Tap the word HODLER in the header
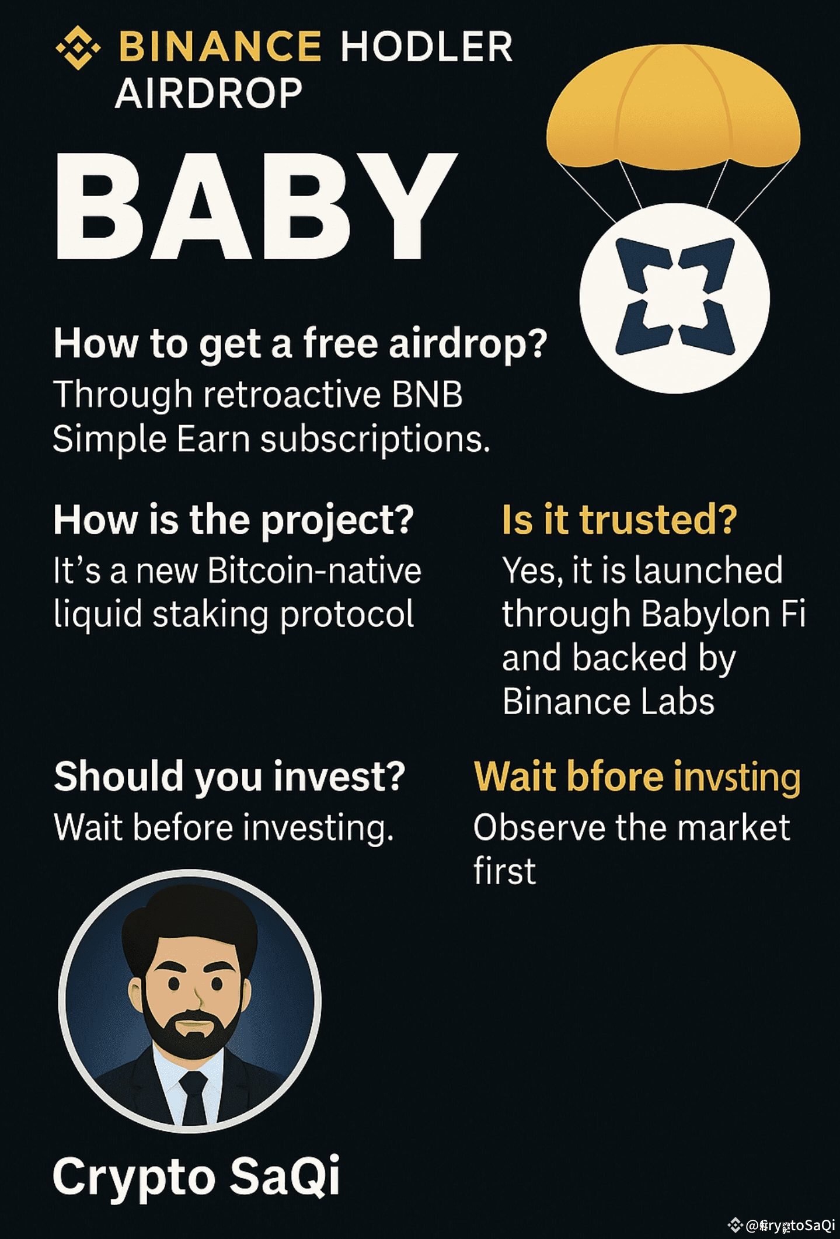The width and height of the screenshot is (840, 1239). tap(427, 47)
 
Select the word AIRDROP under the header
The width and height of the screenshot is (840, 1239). tap(208, 93)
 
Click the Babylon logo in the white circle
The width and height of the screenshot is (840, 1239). tap(675, 297)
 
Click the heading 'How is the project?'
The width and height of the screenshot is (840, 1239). tap(233, 519)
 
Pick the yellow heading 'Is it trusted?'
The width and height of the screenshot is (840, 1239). tap(619, 519)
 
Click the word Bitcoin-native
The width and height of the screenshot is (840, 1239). tap(314, 570)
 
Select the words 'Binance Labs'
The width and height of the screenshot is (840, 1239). tap(608, 701)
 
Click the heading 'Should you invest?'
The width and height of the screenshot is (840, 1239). tap(229, 776)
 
